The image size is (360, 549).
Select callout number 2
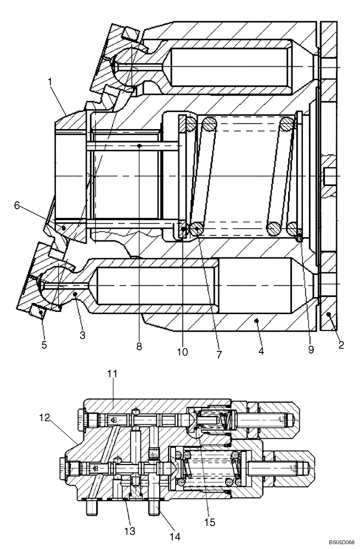[341, 346]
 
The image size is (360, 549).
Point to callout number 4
[261, 350]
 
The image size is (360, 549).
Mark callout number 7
[218, 355]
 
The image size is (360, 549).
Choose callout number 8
[139, 346]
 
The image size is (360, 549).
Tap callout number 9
[311, 349]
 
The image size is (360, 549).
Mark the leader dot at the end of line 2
[328, 313]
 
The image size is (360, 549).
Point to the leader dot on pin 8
[140, 146]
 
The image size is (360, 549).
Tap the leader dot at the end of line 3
[74, 294]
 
